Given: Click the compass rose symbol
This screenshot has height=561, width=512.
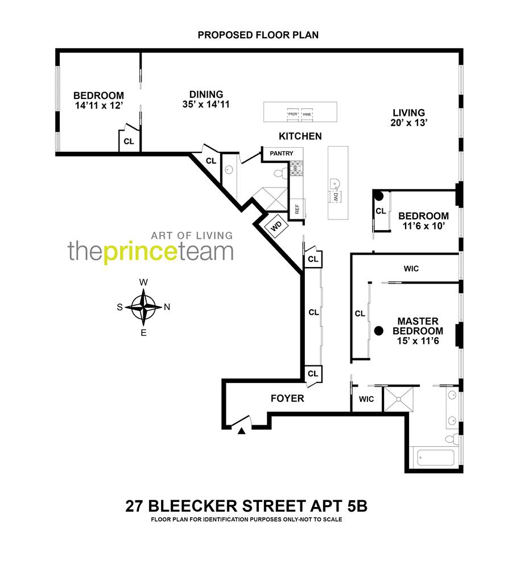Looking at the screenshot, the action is coord(144,307).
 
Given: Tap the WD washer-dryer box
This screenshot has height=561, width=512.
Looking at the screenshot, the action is coord(276,226).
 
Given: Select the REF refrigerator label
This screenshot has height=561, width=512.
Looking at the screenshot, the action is coord(296,208).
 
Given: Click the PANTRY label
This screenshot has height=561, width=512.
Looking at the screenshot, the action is coord(282,153).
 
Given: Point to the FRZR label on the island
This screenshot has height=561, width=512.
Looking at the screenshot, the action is coord(293,114).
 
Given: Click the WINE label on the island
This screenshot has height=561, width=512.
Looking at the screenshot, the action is coord(307,114).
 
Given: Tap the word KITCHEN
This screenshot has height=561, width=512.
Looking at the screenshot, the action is coord(300,136).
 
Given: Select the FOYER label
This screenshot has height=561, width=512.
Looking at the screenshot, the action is coord(287,398).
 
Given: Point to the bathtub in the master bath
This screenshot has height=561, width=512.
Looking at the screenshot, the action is coord(435,458).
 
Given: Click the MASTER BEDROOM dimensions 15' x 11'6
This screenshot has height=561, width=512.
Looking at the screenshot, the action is coord(420,341).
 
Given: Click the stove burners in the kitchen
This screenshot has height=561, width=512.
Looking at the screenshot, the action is coord(297,168).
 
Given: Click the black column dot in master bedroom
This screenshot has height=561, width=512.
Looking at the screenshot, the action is coord(378,330).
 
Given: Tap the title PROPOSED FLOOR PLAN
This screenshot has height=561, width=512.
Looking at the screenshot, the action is coord(258,35).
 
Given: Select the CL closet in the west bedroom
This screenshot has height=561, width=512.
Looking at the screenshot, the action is coord(129,142).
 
